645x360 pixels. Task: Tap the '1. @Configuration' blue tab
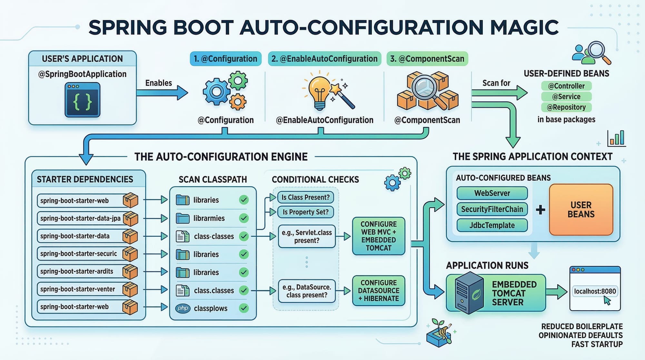[x=225, y=59]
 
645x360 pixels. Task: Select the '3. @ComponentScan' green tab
[x=427, y=59]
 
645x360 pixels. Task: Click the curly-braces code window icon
[x=83, y=100]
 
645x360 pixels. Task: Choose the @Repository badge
[x=566, y=107]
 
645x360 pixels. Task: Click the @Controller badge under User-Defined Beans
[x=566, y=86]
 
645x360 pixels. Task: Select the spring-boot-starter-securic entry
[x=79, y=254]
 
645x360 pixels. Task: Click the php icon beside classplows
[x=183, y=308]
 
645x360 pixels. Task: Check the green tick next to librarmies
[x=244, y=218]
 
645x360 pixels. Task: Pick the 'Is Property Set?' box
[x=305, y=212]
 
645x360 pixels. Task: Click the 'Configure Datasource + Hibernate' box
[x=378, y=291]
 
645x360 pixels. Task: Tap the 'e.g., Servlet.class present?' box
[x=306, y=236]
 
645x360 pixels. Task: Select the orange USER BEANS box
[x=581, y=210]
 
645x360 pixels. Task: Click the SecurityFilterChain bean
[x=492, y=209]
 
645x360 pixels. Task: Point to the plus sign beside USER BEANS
[x=540, y=210]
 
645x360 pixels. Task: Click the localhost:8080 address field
[x=595, y=291]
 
